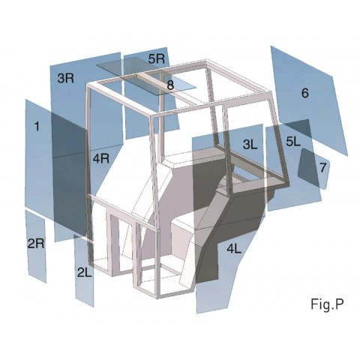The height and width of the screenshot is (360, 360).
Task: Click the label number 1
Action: click(x=36, y=127)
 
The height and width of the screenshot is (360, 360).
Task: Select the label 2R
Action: click(x=36, y=243)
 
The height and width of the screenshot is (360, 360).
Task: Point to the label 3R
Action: click(x=65, y=78)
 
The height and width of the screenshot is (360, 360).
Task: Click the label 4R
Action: click(x=101, y=158)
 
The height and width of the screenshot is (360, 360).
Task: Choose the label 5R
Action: click(x=157, y=58)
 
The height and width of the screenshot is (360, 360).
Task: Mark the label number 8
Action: click(x=170, y=85)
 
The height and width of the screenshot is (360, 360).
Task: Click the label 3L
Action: click(x=250, y=142)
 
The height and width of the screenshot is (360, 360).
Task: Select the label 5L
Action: click(x=292, y=141)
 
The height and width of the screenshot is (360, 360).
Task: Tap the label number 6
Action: click(x=304, y=93)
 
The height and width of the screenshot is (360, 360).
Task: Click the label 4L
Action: click(x=234, y=248)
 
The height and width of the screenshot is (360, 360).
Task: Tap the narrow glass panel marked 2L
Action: click(x=85, y=289)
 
